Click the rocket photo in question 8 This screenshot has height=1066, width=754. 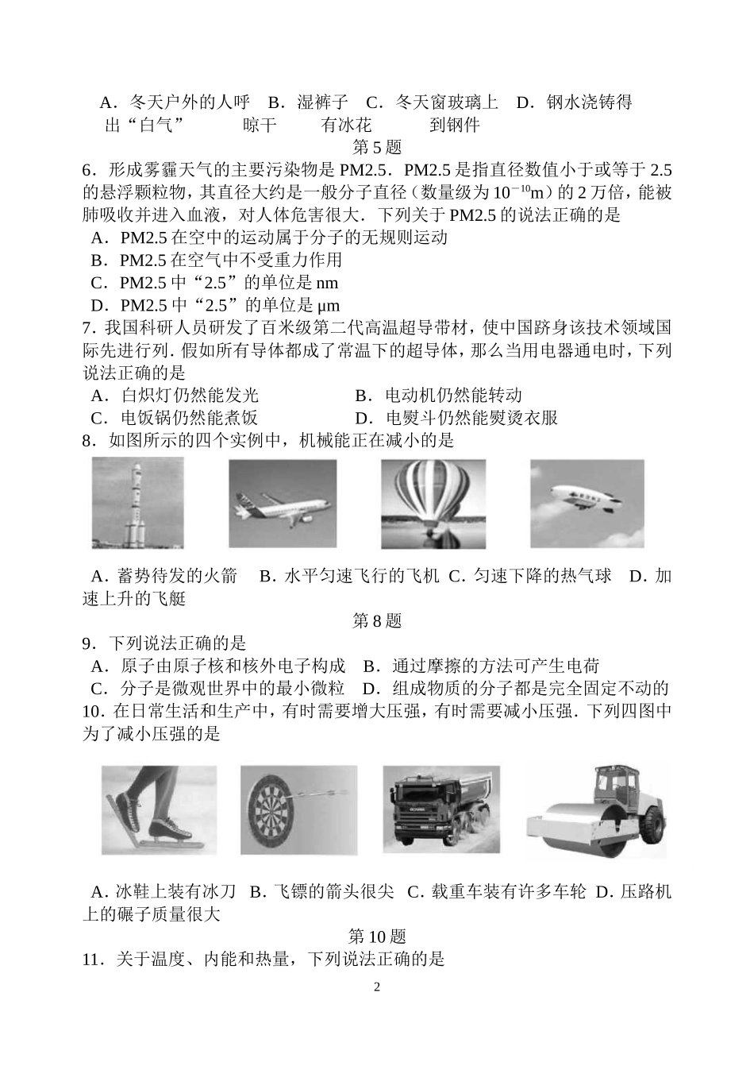(x=138, y=503)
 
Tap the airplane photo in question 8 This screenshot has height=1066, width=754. (x=283, y=504)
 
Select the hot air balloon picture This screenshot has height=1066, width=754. (x=433, y=504)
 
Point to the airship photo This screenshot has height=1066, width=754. (x=587, y=504)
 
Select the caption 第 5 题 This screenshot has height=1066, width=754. (x=377, y=148)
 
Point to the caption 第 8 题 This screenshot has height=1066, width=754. (x=377, y=620)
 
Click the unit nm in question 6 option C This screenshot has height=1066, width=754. (x=327, y=283)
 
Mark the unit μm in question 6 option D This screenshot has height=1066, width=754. (x=328, y=306)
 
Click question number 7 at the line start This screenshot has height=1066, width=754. (x=87, y=328)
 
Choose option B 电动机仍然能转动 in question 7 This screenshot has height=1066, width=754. (x=439, y=396)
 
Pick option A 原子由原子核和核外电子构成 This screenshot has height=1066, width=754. (x=219, y=666)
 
